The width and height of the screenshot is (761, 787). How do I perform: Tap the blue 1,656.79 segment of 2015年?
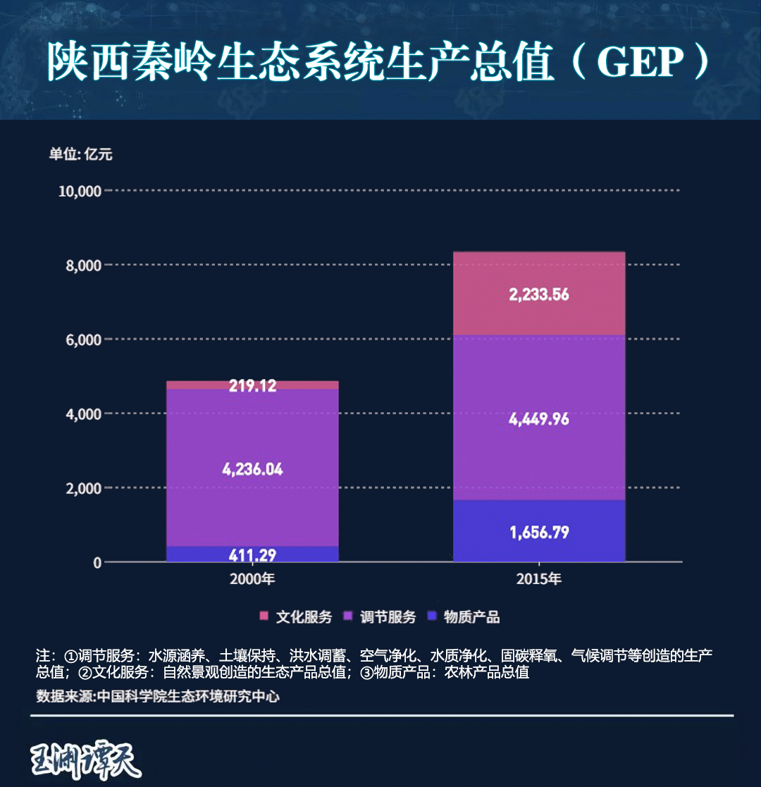(x=539, y=531)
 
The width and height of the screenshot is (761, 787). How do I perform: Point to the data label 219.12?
(x=252, y=385)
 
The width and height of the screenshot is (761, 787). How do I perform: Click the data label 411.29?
(x=252, y=554)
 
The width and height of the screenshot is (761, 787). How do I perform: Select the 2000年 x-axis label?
(x=252, y=581)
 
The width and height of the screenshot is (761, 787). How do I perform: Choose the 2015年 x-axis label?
(x=539, y=581)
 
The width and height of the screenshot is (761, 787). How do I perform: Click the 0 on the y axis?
(x=97, y=562)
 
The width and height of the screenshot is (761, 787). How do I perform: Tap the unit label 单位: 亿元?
(x=80, y=155)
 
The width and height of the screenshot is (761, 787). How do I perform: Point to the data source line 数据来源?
(x=158, y=697)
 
